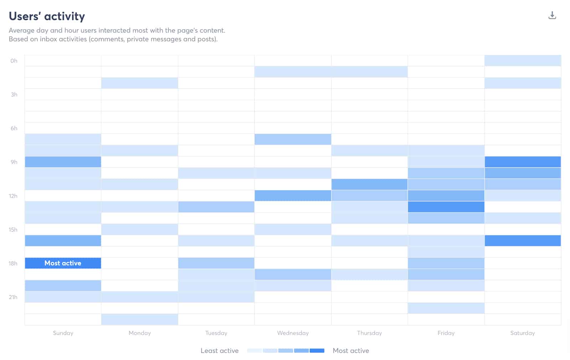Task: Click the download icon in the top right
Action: coord(552,15)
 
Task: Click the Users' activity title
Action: coord(47,16)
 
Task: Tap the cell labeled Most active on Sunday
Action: coord(63,263)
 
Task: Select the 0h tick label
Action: coord(14,61)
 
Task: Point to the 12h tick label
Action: coord(13,196)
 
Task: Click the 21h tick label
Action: coord(13,297)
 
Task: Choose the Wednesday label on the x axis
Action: coord(293,333)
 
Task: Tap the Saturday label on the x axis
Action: coord(522,333)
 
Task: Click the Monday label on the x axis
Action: coord(140,333)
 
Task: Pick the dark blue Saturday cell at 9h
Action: coord(523,162)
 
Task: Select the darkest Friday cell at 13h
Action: coord(446,207)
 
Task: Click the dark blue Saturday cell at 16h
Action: coord(523,241)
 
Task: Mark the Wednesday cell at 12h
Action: coord(293,195)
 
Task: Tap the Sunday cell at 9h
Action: coord(63,162)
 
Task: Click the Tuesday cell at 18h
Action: coord(216,263)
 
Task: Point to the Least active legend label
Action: coord(219,351)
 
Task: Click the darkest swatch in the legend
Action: coord(317,351)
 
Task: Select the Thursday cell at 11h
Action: coord(369,184)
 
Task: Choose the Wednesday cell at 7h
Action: coord(293,139)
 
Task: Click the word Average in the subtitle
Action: coord(21,31)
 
